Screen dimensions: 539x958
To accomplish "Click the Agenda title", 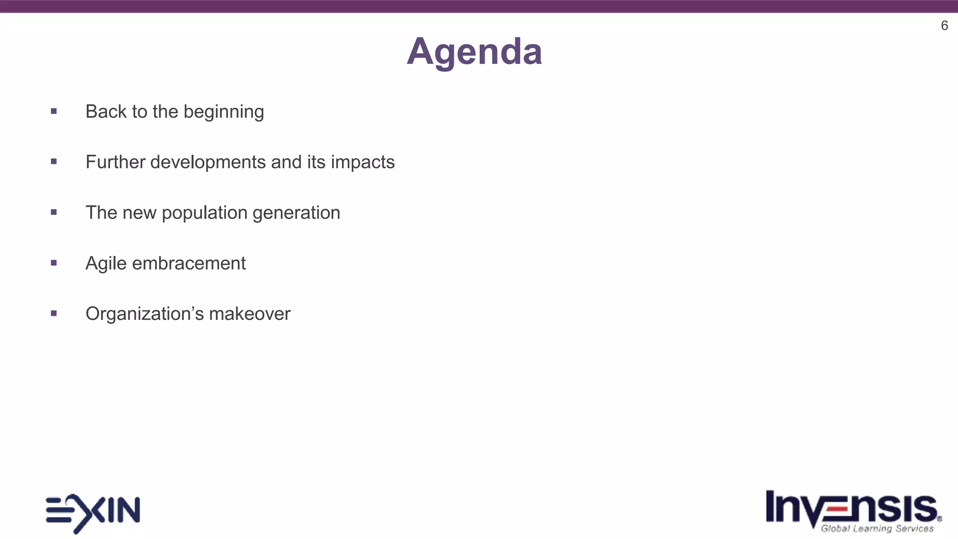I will pos(474,51).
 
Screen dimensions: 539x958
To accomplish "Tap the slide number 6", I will pos(944,26).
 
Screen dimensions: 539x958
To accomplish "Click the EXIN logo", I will pos(93,513).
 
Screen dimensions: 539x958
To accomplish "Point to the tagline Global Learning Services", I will pos(877,529).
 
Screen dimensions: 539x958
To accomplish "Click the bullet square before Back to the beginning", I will pos(54,111).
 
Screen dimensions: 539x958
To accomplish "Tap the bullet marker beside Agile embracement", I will pos(54,263).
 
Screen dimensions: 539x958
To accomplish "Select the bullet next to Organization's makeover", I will pos(54,313).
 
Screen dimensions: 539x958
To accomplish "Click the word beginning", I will pos(224,112).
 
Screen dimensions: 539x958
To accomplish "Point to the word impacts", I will pos(363,162).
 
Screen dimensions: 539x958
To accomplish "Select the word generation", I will pos(296,213).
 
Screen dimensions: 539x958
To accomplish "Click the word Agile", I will pos(106,264).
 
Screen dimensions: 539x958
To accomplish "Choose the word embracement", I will pos(189,263).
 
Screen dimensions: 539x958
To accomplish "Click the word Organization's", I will pos(145,314).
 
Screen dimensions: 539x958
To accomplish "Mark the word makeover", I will pos(250,314).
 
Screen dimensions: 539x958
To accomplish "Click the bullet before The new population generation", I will pos(54,212).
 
